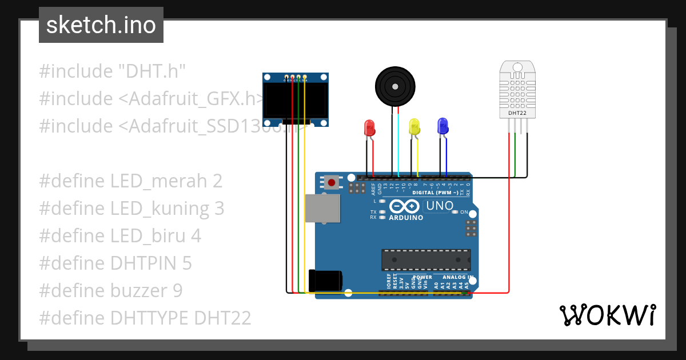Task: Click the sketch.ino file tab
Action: [101, 25]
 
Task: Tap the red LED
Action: [369, 127]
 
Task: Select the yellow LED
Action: [414, 126]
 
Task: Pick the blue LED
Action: [442, 126]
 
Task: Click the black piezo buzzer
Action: [394, 86]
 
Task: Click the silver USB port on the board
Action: [322, 208]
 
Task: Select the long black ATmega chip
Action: [426, 259]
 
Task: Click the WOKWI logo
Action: [607, 315]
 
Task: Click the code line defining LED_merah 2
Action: [130, 181]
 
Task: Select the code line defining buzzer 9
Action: [111, 291]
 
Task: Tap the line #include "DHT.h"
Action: [113, 71]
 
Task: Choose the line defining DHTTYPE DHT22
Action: [145, 318]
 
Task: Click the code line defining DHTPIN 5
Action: [115, 263]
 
